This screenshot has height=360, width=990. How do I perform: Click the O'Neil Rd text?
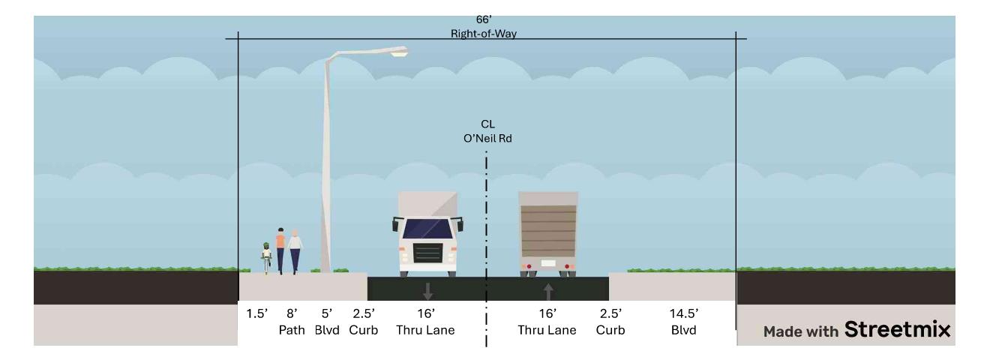[488, 137]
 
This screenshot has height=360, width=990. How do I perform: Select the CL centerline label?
[488, 124]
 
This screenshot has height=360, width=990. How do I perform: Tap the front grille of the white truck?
[428, 252]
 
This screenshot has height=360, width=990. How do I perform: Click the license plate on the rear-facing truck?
[548, 263]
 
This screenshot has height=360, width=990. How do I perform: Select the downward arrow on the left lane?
[428, 292]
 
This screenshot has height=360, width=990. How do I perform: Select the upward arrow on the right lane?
[548, 292]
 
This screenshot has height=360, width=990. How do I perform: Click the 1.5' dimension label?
[255, 314]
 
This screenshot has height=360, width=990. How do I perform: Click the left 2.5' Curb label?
[363, 322]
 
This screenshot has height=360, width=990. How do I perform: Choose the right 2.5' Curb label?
[610, 322]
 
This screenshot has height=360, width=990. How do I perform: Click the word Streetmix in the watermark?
[897, 328]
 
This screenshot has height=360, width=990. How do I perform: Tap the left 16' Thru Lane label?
[426, 322]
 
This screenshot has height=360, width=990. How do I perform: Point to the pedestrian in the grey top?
[295, 250]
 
